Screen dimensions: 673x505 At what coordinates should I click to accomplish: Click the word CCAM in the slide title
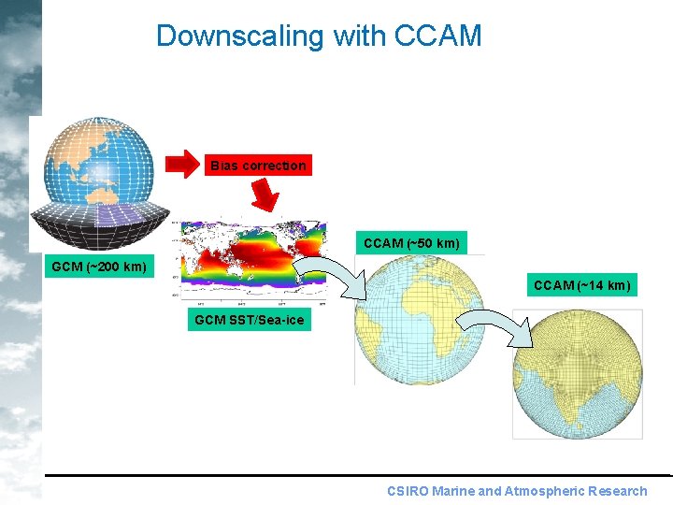point(438,36)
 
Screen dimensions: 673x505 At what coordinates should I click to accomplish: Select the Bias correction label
point(258,166)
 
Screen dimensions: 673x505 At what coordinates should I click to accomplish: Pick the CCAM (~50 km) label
point(411,243)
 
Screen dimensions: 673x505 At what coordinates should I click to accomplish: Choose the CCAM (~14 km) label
point(581,284)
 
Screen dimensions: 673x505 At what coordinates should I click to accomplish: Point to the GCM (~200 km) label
point(99,267)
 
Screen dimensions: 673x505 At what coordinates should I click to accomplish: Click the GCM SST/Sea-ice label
point(249,321)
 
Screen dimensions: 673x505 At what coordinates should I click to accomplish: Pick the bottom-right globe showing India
point(577,375)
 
